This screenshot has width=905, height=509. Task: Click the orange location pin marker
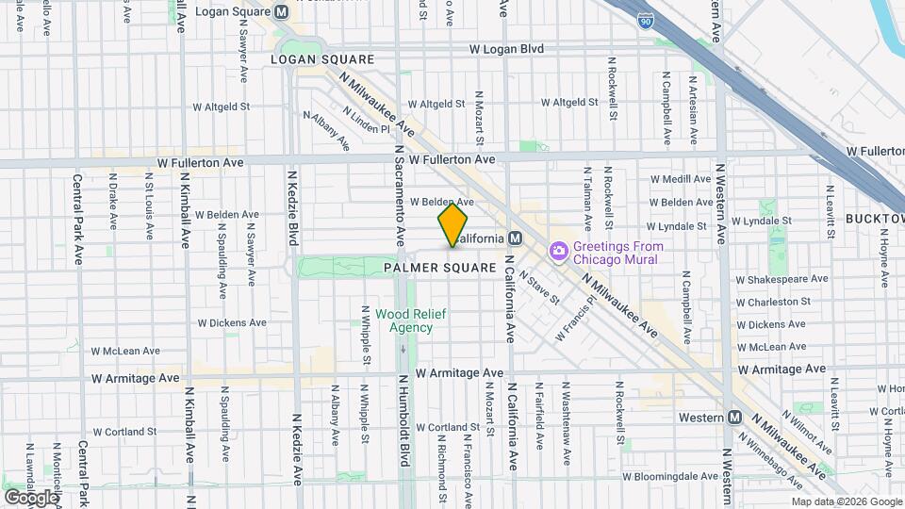click(452, 224)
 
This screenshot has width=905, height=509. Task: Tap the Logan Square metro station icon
click(280, 12)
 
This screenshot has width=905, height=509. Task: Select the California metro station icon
click(515, 238)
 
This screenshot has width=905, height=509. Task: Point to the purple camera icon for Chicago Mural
click(558, 251)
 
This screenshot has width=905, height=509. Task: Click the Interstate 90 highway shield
click(643, 21)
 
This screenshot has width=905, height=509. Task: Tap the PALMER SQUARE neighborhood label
click(440, 268)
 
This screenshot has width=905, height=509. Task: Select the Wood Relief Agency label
click(404, 321)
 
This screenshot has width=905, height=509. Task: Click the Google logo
click(32, 497)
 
